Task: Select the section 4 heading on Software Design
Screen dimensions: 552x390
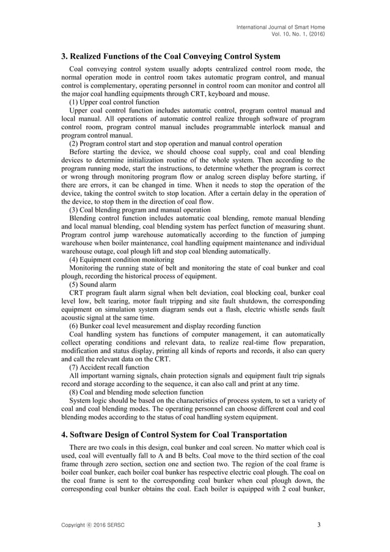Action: (x=174, y=435)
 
